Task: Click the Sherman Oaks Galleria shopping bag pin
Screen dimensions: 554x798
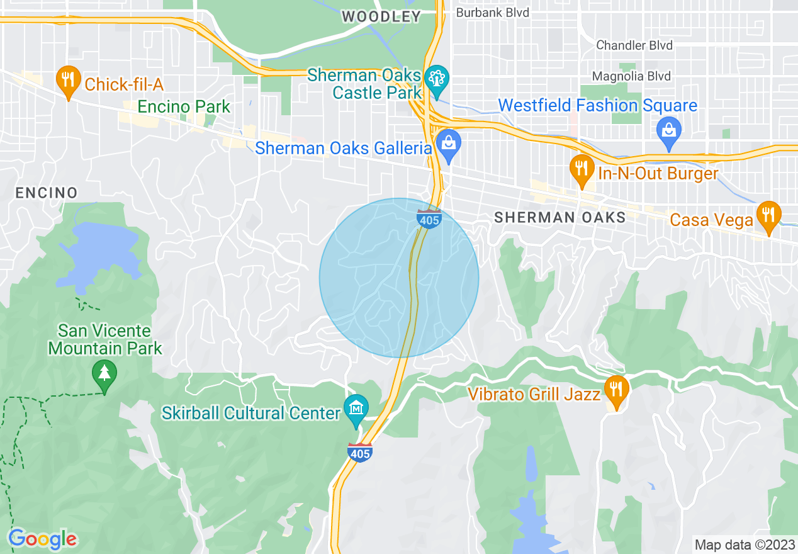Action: [449, 144]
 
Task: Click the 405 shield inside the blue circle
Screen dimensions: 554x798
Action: [429, 219]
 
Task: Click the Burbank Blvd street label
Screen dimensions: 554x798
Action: [492, 13]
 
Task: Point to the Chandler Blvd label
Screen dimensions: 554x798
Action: [634, 45]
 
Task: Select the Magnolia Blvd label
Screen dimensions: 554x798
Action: [634, 76]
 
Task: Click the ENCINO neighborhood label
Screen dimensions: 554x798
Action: [47, 193]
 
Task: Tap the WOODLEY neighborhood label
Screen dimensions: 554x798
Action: [381, 17]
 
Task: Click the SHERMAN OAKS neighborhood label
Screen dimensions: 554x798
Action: [559, 218]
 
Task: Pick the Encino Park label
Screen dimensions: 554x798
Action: [184, 107]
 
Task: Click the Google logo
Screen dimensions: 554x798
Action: [43, 538]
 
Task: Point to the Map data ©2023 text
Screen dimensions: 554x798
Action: [743, 544]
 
